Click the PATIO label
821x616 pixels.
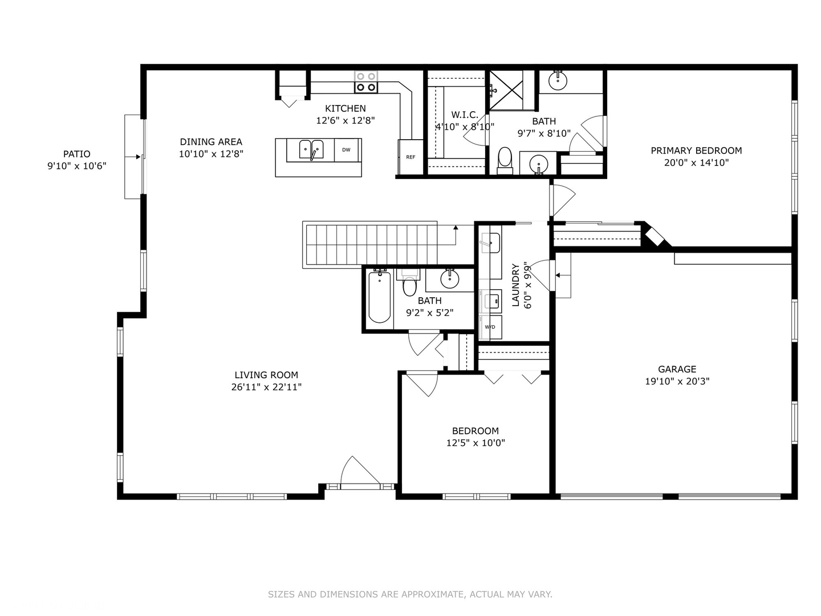coord(76,153)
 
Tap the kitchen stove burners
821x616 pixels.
coord(365,82)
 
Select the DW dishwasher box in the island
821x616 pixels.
coord(346,150)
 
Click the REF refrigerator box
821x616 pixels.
coord(410,157)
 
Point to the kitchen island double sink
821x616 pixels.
coord(311,150)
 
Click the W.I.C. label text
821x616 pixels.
coord(465,115)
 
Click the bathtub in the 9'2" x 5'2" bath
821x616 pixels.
coord(380,297)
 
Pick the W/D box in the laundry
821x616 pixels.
coord(490,327)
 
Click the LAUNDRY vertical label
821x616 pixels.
coord(516,285)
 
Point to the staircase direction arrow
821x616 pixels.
coord(456,228)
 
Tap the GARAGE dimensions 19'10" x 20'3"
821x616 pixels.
coord(677,381)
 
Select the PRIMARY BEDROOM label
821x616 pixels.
coord(696,151)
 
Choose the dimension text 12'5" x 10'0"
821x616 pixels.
coord(475,443)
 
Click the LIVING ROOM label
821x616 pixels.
coord(266,375)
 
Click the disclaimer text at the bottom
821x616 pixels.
coord(410,594)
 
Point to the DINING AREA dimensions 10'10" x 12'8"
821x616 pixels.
coord(211,153)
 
